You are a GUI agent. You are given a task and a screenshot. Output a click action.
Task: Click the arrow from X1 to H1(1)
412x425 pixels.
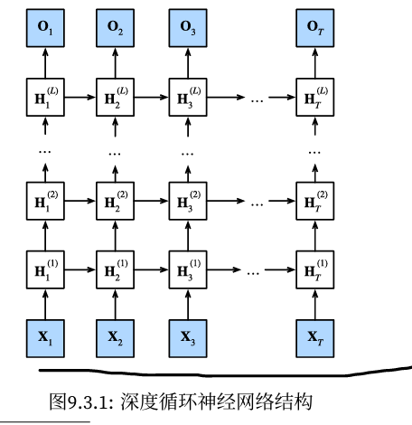(x=43, y=302)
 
